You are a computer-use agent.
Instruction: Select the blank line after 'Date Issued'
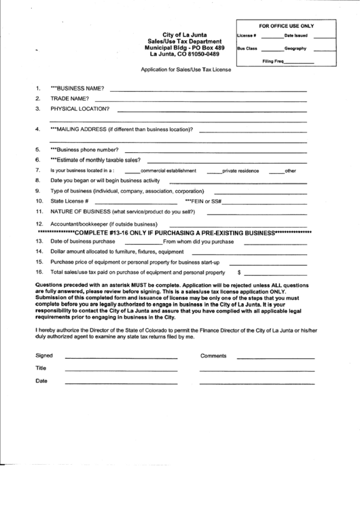pos(324,37)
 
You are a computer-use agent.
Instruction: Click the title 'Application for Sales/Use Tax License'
pos(185,69)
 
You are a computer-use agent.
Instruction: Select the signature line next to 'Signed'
pos(121,357)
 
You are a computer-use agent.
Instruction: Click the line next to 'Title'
pos(121,370)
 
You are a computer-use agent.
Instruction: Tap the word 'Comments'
pos(213,355)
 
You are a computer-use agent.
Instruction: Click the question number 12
pos(39,224)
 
